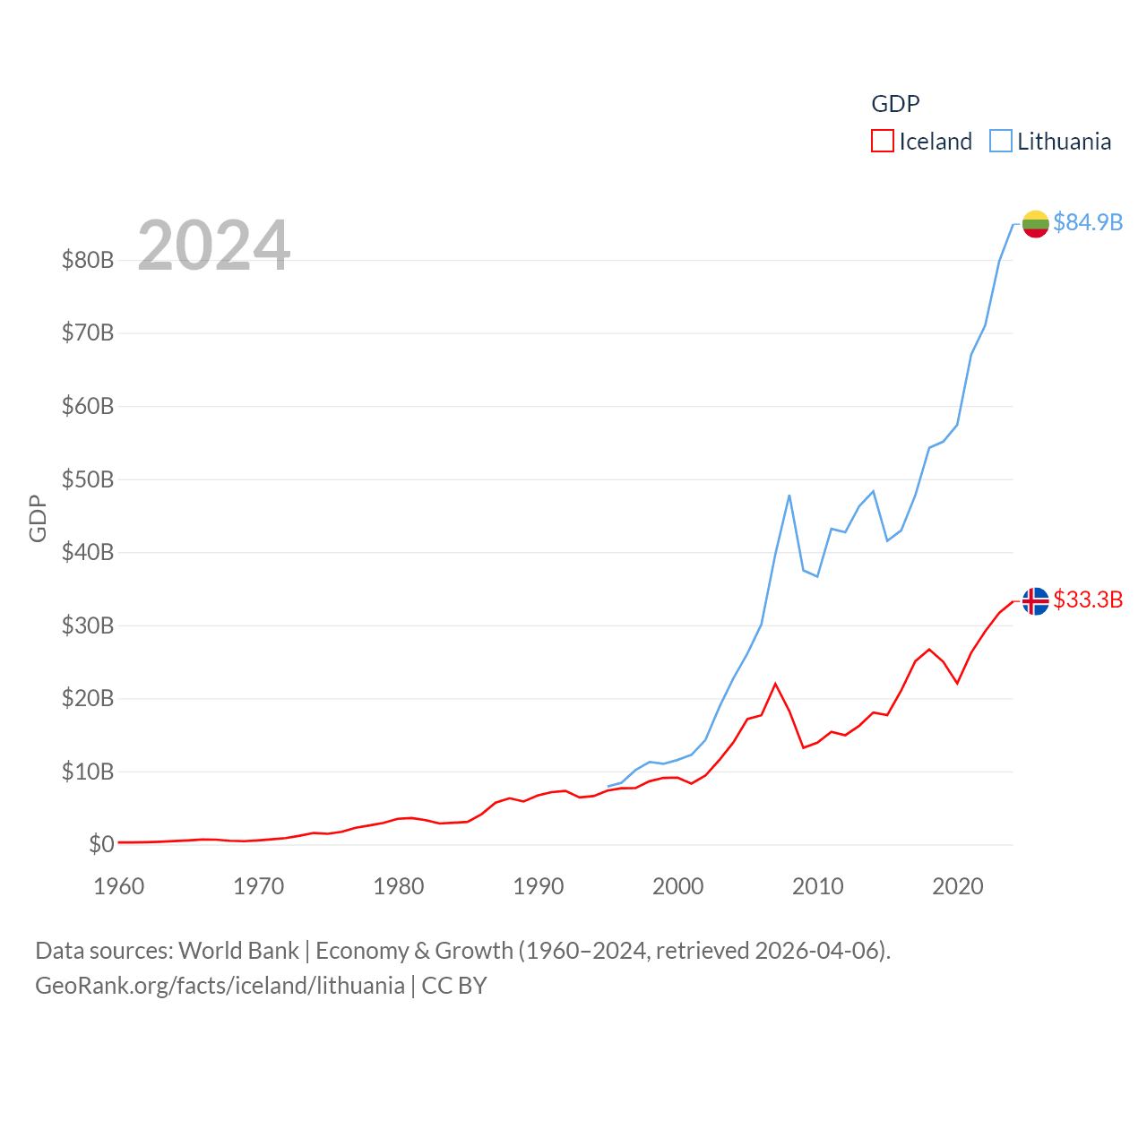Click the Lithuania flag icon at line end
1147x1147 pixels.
click(x=1035, y=223)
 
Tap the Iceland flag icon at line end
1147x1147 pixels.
click(x=1035, y=600)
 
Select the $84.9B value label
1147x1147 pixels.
click(x=1088, y=222)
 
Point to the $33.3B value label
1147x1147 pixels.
click(x=1088, y=599)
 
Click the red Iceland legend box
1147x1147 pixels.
click(x=882, y=142)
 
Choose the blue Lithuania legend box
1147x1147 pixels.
click(x=1000, y=142)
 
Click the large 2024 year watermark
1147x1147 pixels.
click(x=214, y=246)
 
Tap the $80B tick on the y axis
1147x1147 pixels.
click(x=88, y=260)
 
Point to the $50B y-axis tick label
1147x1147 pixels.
click(x=88, y=479)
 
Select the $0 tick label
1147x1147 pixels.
click(x=101, y=844)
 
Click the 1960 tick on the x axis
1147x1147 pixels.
click(x=119, y=886)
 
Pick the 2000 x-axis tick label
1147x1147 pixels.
click(x=678, y=886)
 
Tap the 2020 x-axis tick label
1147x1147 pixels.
click(x=958, y=886)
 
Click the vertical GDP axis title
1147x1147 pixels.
click(x=38, y=518)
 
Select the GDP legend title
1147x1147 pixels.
click(x=895, y=104)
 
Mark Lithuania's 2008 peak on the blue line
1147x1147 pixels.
click(x=789, y=496)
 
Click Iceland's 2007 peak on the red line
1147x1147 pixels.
click(x=775, y=684)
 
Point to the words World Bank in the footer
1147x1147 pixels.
click(x=238, y=950)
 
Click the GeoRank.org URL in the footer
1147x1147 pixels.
click(x=220, y=986)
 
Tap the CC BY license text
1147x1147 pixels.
click(x=454, y=986)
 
